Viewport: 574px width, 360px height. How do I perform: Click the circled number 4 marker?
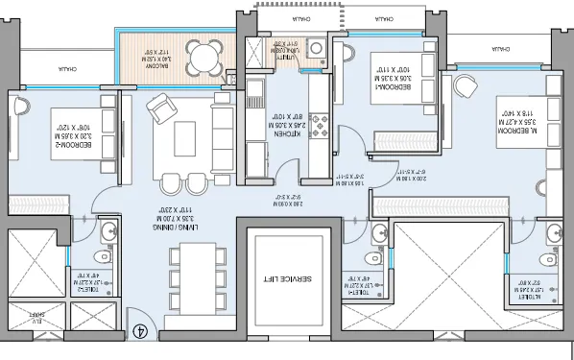point(140,333)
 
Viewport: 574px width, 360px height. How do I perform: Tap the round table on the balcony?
point(203,59)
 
